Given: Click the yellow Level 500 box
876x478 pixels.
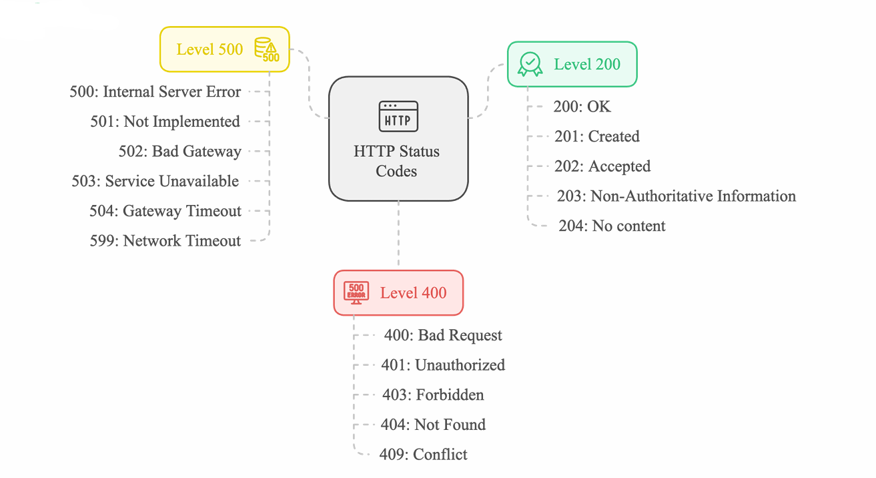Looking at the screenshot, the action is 224,49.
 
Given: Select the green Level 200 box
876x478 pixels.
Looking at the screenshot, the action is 572,64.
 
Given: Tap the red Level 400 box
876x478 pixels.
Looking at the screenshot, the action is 398,292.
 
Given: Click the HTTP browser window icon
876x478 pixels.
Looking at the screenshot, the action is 398,116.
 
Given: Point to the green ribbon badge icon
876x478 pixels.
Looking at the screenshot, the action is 530,64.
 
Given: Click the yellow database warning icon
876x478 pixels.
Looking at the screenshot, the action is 267,49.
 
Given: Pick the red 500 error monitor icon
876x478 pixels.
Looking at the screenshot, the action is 356,292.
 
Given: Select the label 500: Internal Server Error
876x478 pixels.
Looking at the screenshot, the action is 155,92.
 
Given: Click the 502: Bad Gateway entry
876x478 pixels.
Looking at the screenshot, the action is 180,152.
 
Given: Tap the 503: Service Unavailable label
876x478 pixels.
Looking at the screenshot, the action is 155,181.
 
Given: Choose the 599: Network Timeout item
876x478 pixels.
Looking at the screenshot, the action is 165,240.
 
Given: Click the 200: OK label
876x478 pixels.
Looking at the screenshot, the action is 582,106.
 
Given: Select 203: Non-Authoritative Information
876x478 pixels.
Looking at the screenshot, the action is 676,196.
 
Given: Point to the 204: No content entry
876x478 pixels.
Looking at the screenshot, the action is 612,226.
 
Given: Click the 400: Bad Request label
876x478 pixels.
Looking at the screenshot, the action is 443,335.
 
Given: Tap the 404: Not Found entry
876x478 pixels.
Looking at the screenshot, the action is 433,425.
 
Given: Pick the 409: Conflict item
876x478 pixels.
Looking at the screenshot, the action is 423,454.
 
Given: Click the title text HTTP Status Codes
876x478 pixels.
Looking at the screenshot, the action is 396,161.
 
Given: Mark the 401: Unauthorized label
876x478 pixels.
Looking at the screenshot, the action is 443,365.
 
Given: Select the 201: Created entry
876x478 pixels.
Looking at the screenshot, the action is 596,136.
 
